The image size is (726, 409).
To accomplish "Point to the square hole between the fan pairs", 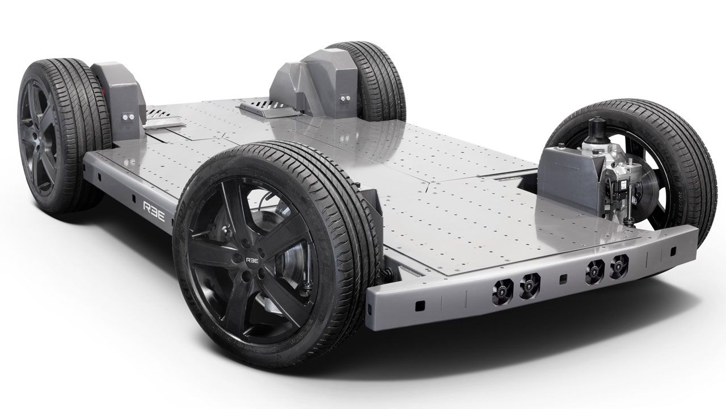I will pos(563,279).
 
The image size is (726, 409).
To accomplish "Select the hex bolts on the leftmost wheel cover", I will pos(128,116).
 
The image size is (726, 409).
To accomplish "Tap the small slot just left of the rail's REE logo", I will pos(134,200).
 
